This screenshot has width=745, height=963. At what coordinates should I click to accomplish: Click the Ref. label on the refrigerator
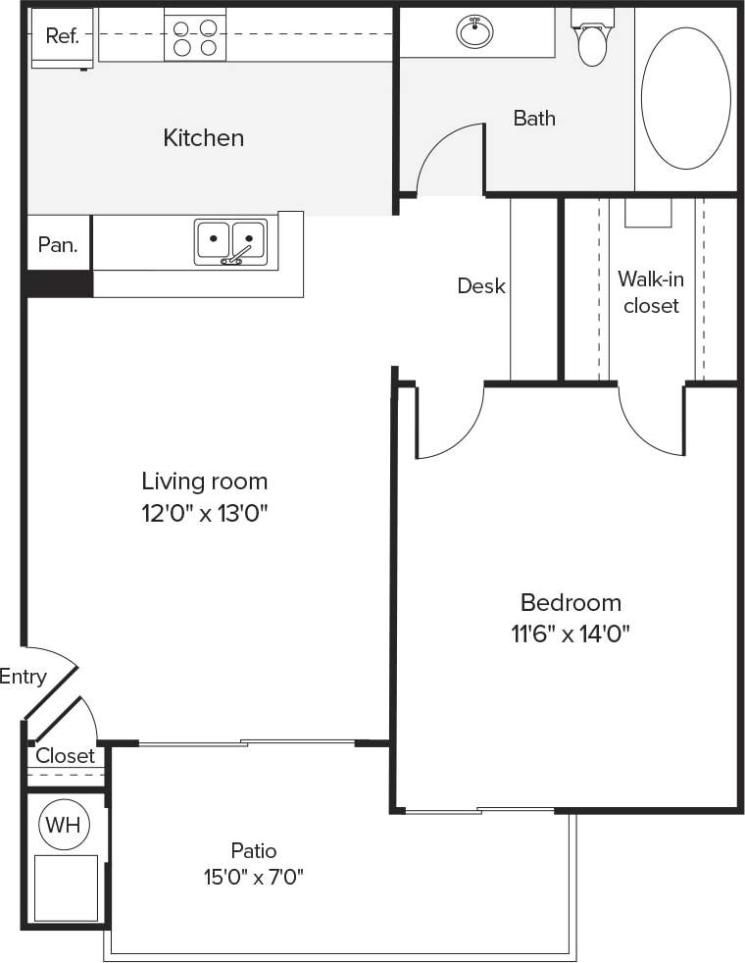(x=61, y=36)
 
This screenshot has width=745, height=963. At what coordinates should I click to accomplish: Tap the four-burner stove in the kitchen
(x=194, y=36)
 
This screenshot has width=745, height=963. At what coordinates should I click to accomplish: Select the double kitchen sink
(x=230, y=240)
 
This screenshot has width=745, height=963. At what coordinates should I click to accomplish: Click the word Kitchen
(x=203, y=138)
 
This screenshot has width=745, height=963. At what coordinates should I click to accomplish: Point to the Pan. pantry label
(x=58, y=245)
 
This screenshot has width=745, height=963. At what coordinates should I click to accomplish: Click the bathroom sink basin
(x=475, y=31)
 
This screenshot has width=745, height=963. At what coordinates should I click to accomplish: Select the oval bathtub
(x=685, y=98)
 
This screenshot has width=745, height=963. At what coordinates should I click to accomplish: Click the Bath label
(x=534, y=119)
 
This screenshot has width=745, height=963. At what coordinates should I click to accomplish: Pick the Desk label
(x=481, y=286)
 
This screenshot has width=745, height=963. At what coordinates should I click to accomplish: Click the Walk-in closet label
(x=651, y=292)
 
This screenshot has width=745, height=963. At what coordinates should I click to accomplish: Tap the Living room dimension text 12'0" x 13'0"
(x=204, y=513)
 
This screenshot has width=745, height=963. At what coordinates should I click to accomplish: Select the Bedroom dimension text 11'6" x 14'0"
(x=571, y=634)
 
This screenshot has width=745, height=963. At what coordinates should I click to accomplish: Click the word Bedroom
(x=571, y=602)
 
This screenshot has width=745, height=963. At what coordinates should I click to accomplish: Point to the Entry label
(x=23, y=677)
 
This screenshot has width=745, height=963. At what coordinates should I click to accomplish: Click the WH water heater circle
(x=64, y=825)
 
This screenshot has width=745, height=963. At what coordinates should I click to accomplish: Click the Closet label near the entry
(x=65, y=756)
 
